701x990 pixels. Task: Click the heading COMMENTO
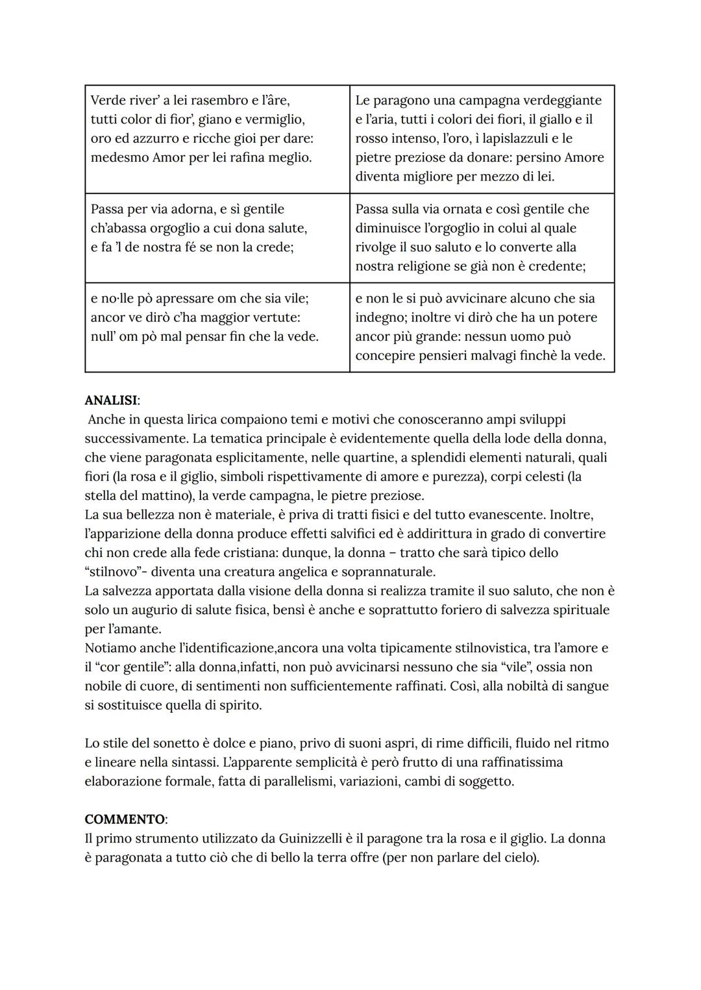click(x=125, y=819)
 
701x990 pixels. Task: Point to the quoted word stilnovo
click(x=111, y=572)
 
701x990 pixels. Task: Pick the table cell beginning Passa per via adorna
click(x=217, y=238)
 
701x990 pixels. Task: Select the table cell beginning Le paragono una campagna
click(x=482, y=138)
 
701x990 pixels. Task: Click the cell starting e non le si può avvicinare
click(x=482, y=327)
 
